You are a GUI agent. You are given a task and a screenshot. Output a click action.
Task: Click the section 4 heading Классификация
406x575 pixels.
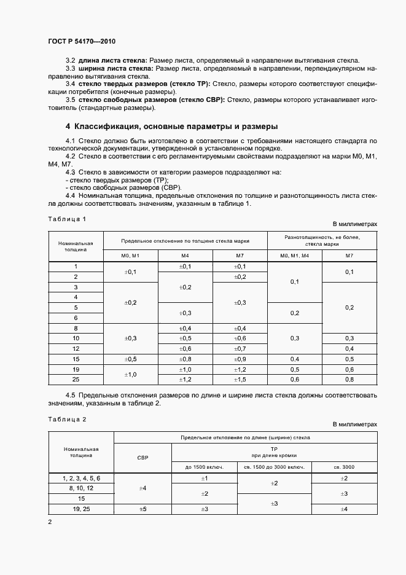click(x=172, y=127)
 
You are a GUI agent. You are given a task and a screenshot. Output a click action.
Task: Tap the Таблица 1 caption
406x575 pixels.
click(x=67, y=219)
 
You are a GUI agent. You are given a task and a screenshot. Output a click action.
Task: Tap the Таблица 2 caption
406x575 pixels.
click(x=67, y=419)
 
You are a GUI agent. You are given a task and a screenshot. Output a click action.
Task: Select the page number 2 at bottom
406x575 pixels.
click(x=50, y=522)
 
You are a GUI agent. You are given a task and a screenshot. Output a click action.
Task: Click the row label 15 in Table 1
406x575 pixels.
click(x=76, y=359)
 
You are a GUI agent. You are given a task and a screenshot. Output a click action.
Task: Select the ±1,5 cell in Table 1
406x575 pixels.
click(x=240, y=379)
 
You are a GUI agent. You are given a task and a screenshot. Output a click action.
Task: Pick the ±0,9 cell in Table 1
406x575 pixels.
click(x=240, y=359)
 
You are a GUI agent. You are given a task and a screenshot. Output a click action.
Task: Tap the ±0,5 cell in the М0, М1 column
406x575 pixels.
click(x=130, y=359)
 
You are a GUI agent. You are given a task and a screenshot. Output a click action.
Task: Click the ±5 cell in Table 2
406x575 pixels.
click(x=143, y=509)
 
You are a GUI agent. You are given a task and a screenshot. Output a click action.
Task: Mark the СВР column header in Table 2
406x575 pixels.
click(x=143, y=457)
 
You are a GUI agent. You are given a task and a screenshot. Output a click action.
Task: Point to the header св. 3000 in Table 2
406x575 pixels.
click(x=344, y=467)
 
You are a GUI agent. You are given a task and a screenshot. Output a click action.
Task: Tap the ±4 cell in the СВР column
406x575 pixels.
click(x=143, y=488)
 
